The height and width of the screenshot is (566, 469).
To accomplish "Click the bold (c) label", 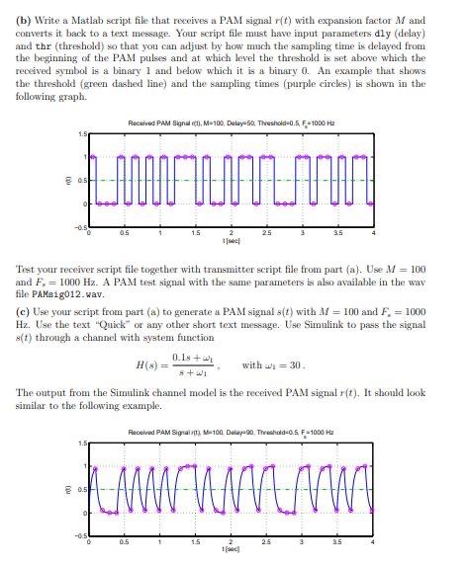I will pyautogui.click(x=27, y=309).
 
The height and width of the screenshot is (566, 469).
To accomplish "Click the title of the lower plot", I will pyautogui.click(x=234, y=432).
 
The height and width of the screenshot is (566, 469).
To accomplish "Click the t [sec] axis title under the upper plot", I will pyautogui.click(x=230, y=242).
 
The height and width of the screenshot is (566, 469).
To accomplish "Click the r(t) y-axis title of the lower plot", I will pyautogui.click(x=65, y=489).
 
